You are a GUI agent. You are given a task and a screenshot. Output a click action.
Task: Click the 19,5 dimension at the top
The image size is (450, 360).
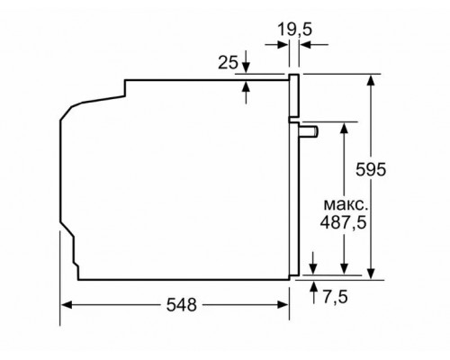[293, 29]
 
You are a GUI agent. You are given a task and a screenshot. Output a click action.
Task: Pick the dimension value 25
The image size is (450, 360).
[228, 63]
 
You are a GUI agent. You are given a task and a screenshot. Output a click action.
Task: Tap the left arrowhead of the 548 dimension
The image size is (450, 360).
[66, 306]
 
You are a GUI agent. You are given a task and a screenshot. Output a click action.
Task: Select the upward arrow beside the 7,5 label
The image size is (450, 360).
[312, 286]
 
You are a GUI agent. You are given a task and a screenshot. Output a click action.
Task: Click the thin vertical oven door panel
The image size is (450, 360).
[292, 180]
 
